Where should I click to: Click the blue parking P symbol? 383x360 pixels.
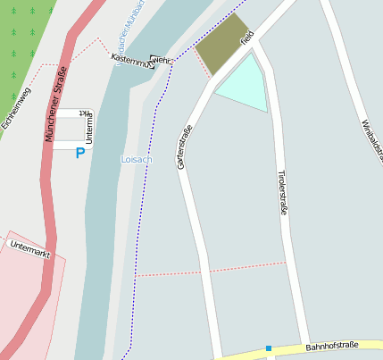pyautogui.click(x=79, y=154)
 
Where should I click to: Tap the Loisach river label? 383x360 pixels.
pyautogui.click(x=137, y=159)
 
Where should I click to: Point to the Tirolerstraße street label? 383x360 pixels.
pyautogui.click(x=282, y=191)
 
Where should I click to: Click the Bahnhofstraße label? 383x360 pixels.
pyautogui.click(x=331, y=345)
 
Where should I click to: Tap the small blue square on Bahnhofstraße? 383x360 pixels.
pyautogui.click(x=268, y=348)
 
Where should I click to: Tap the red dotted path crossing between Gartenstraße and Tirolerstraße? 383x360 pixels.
pyautogui.click(x=214, y=269)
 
